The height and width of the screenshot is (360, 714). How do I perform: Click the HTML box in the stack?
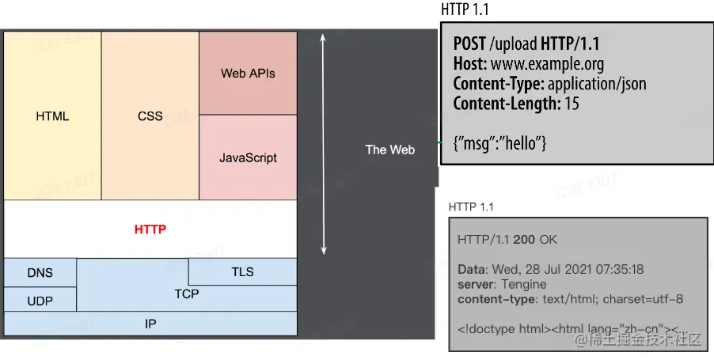click(52, 116)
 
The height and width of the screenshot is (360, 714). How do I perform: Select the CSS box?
click(150, 116)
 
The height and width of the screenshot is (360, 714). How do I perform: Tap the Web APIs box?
click(248, 74)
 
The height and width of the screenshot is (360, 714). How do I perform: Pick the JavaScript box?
click(248, 157)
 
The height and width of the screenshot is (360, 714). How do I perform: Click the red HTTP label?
click(150, 230)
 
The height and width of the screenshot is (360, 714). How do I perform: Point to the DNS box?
click(40, 273)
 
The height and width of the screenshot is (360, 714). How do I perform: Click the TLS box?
click(242, 271)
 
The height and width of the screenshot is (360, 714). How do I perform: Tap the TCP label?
click(187, 294)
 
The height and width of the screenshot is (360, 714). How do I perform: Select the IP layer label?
click(150, 324)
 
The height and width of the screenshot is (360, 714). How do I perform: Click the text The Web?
click(389, 149)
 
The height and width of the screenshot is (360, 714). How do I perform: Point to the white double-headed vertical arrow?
click(323, 142)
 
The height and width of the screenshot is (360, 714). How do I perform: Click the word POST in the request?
click(469, 44)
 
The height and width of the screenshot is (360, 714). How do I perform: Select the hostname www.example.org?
click(541, 63)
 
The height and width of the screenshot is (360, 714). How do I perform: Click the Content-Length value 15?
click(572, 103)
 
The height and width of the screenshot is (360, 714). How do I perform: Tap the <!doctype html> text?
click(503, 328)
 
